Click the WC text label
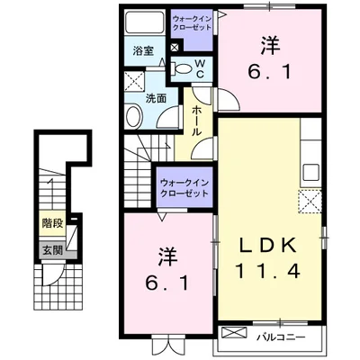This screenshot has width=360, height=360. pos(200,68)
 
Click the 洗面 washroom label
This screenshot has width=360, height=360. pos(156,98)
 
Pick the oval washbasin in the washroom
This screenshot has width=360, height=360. pos(132,116)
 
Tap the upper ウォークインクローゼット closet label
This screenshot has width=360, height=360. pos(192,22)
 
